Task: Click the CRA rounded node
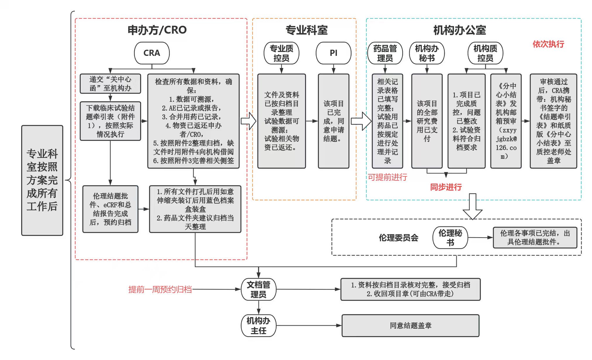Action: click(152, 53)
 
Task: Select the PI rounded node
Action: click(333, 53)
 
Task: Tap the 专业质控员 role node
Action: click(281, 53)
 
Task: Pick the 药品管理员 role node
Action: click(385, 53)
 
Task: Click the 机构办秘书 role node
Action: click(427, 53)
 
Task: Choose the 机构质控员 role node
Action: click(485, 53)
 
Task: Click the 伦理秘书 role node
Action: click(450, 237)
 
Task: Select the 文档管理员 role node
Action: click(258, 290)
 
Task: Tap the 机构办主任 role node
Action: click(258, 326)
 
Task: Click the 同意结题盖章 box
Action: click(410, 326)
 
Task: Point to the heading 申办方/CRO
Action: click(157, 30)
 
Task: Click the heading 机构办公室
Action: click(459, 30)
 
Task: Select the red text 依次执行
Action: click(548, 44)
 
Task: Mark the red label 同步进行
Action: click(446, 187)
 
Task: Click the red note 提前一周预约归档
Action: click(160, 290)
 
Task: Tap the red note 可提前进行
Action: click(387, 177)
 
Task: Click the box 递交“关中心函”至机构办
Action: click(110, 84)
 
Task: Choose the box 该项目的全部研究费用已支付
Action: click(427, 121)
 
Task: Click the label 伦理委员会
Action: click(398, 238)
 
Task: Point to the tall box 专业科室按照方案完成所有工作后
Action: click(42, 180)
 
